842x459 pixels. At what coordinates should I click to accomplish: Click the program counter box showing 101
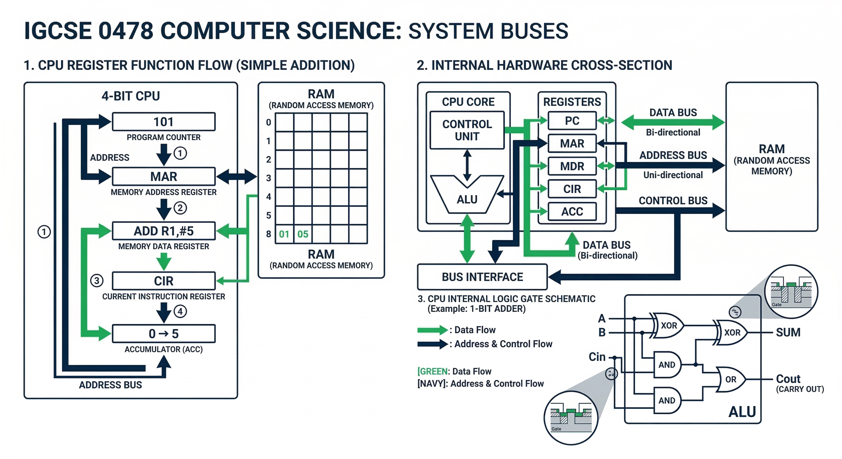click(164, 122)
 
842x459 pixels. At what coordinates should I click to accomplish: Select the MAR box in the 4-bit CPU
click(164, 176)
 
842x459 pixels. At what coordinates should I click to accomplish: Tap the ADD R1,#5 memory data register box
click(164, 231)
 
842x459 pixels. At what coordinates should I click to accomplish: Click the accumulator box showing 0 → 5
click(164, 333)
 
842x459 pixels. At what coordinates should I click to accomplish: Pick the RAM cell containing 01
click(284, 234)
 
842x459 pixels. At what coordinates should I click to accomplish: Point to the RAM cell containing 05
click(303, 234)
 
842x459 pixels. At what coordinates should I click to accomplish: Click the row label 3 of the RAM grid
click(268, 178)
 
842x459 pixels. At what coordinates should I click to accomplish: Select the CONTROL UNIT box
click(467, 130)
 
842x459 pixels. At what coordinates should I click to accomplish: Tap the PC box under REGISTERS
click(572, 120)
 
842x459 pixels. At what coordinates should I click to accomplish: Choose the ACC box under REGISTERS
click(572, 211)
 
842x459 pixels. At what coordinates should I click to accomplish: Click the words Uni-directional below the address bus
click(673, 175)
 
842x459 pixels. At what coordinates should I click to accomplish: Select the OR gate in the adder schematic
click(731, 379)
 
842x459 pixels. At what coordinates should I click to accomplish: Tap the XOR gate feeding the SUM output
click(732, 333)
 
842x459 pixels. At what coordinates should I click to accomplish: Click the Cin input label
click(597, 357)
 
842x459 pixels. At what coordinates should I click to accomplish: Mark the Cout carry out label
click(788, 379)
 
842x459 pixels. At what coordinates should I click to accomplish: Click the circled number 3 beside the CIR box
click(97, 281)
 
